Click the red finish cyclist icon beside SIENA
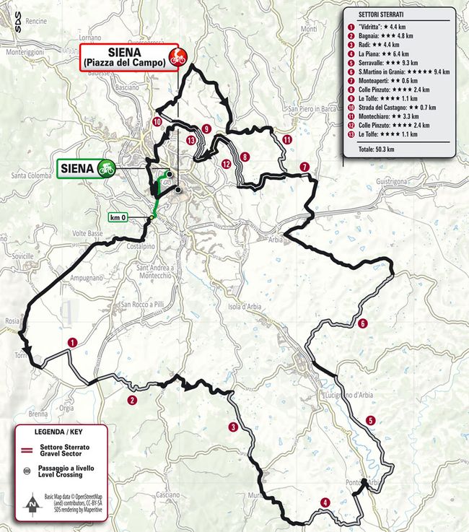click(x=174, y=57)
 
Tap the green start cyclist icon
click(x=106, y=168)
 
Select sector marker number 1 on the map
click(x=71, y=342)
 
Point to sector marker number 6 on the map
click(x=363, y=323)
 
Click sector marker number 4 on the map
click(x=325, y=502)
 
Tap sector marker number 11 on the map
click(x=287, y=140)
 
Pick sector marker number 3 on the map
click(x=232, y=427)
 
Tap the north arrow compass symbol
click(x=32, y=503)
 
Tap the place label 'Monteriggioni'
click(x=25, y=53)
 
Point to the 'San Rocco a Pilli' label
click(x=144, y=305)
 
